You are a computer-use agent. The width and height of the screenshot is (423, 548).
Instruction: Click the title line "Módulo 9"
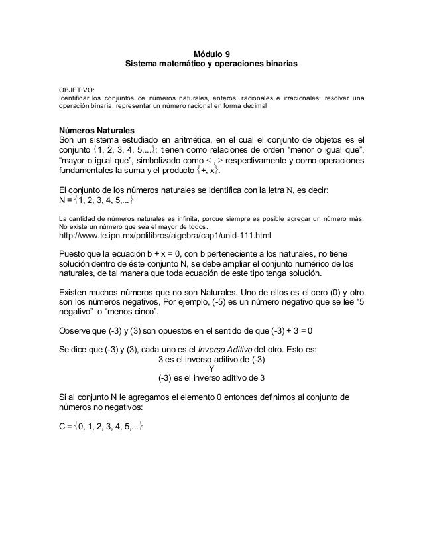(x=211, y=54)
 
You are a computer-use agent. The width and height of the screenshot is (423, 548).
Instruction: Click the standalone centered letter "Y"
(x=211, y=370)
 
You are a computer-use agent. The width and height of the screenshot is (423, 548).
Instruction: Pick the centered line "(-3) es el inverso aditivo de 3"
(x=211, y=379)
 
